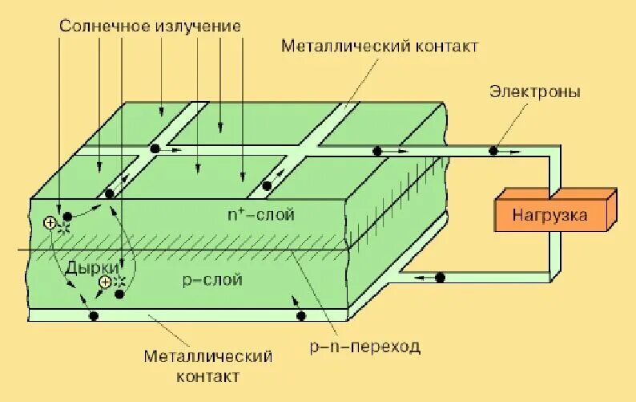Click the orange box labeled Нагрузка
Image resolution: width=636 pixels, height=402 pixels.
pos(550,214)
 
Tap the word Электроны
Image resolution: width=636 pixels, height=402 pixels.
pos(535,92)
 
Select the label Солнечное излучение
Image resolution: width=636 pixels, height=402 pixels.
pos(151,26)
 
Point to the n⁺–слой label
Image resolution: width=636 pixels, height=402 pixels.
pos(261,214)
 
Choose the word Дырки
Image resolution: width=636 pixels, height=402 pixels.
pos(92,267)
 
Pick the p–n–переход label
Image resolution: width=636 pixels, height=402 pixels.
pos(364,347)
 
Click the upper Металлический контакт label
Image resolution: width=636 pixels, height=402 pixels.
pos(380,46)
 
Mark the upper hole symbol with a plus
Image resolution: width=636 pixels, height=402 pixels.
pos(50,224)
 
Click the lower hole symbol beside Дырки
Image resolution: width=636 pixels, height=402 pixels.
pos(104,282)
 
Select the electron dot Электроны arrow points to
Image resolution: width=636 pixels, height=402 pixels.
pos(493,150)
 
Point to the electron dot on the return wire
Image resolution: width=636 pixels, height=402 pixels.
pos(440,278)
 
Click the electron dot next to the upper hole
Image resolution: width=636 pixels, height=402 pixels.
pos(68,216)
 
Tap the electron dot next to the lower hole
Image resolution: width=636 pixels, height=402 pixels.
pos(119,294)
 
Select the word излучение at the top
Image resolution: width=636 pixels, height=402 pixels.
pos(200,26)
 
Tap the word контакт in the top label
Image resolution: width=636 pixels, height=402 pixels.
pos(445,46)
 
